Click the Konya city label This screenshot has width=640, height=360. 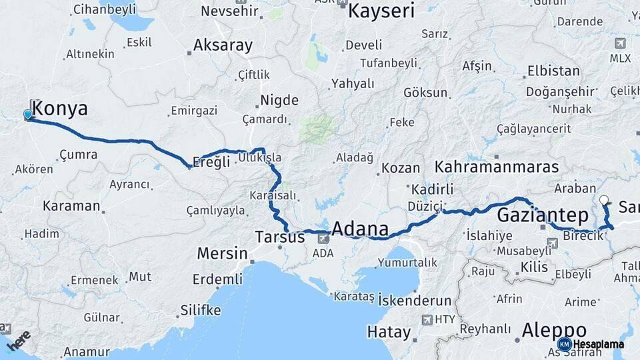click(x=60, y=109)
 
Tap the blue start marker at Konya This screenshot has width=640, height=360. click(x=28, y=115)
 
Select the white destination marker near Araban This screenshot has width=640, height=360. click(x=603, y=199)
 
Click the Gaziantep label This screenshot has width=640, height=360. click(x=543, y=215)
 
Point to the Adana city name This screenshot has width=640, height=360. click(x=359, y=229)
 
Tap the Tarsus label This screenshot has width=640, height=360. click(x=279, y=237)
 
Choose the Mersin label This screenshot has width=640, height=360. click(x=222, y=253)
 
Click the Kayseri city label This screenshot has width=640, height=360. click(x=381, y=11)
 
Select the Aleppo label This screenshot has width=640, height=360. click(x=554, y=330)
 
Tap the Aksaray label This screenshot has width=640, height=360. click(x=223, y=45)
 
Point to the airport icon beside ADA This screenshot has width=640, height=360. click(x=323, y=238)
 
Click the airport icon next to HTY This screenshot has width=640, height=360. click(x=427, y=319)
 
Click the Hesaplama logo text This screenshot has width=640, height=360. click(x=599, y=344)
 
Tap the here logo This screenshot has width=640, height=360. click(x=19, y=338)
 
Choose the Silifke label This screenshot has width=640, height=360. click(x=200, y=310)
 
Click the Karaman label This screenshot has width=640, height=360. click(x=71, y=205)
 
